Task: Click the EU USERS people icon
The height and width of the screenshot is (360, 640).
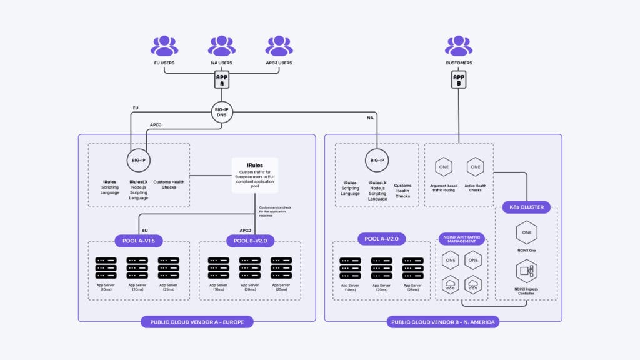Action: (x=164, y=46)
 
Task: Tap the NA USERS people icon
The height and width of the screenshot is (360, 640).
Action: (x=222, y=46)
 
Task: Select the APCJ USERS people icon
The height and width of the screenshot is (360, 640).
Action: (x=279, y=46)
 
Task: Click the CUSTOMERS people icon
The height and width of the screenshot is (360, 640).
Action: (x=459, y=46)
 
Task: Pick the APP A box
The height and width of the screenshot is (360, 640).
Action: (x=222, y=79)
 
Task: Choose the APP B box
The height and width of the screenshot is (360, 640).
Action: (x=459, y=79)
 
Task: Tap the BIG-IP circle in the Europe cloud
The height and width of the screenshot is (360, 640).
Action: (x=139, y=160)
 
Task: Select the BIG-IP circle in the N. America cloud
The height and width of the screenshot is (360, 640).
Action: (x=377, y=160)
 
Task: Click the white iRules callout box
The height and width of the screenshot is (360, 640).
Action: (x=254, y=175)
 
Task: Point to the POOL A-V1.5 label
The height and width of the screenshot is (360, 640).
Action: (x=139, y=241)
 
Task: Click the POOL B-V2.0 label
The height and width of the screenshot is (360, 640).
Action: (x=251, y=241)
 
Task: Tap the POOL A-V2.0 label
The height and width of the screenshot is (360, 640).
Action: (x=382, y=239)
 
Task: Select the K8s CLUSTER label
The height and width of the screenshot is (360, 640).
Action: (x=526, y=207)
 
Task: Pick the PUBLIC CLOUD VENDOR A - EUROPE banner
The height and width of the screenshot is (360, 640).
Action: (x=197, y=322)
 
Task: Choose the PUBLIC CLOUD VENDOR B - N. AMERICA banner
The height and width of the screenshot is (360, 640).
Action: (x=442, y=322)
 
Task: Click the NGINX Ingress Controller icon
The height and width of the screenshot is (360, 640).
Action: (x=526, y=272)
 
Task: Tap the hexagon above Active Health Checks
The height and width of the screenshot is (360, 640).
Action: (x=476, y=167)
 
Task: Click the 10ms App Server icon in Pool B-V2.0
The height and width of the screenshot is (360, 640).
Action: (x=219, y=267)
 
